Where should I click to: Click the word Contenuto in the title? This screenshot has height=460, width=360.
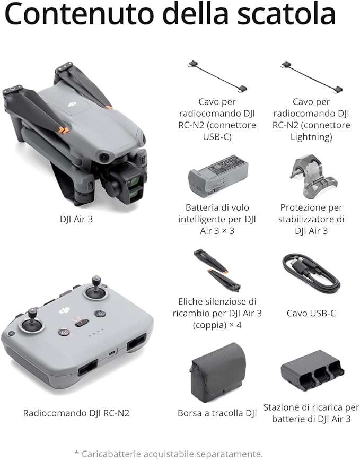79,14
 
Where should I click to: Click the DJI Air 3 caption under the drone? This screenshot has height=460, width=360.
76,219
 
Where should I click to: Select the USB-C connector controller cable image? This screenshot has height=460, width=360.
217,76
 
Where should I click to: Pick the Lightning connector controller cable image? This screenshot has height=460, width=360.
311,76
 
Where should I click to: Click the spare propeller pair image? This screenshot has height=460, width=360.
217,271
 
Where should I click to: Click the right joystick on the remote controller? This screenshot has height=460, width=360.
96,290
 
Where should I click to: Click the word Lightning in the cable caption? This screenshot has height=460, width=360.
311,137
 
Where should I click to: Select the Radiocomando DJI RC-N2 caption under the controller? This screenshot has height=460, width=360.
76,413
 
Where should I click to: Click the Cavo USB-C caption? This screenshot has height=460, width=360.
311,314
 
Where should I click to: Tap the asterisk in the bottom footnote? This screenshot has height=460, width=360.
77,453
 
